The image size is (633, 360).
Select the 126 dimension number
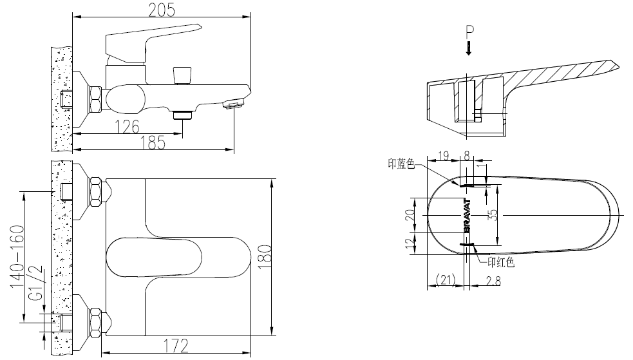(128, 127)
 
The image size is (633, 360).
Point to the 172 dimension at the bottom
(176, 346)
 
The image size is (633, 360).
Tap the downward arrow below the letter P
(469, 48)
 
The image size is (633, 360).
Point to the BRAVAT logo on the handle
(468, 214)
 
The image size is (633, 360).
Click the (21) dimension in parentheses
(446, 279)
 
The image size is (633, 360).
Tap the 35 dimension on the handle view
(493, 214)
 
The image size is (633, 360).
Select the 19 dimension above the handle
(443, 155)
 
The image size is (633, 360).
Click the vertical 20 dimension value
(410, 214)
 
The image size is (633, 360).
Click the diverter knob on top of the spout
(182, 74)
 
